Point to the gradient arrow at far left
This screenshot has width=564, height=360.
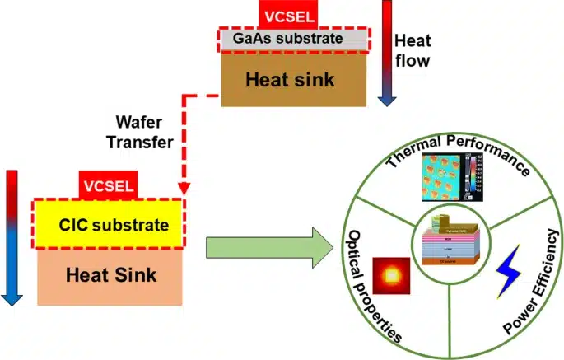pos(12,235)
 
